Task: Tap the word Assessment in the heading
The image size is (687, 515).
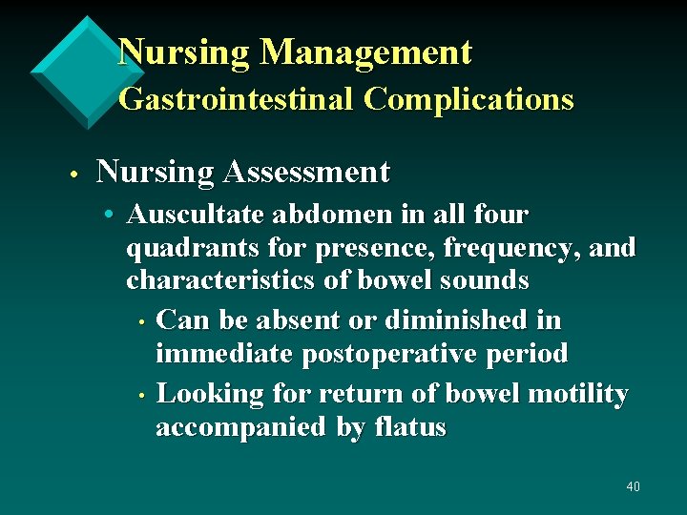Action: [x=306, y=173]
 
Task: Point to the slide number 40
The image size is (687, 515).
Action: [x=633, y=487]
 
